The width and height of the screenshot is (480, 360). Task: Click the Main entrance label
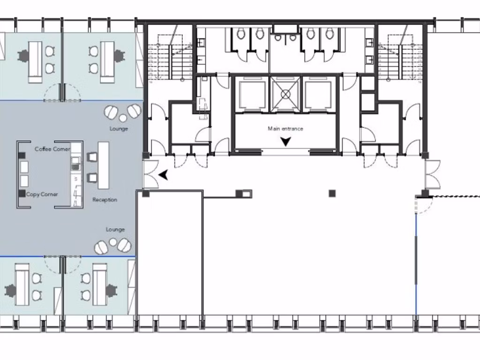point(285,128)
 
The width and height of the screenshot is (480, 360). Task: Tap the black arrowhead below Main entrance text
point(285,142)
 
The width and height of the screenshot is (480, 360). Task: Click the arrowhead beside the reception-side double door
point(164,175)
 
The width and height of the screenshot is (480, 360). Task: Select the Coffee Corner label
point(52,149)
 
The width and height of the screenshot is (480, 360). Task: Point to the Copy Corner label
point(42,195)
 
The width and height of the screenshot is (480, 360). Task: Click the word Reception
point(105,200)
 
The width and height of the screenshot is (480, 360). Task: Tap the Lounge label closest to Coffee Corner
point(119,128)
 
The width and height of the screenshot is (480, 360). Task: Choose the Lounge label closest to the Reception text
point(115,229)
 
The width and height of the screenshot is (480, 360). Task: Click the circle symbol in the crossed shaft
point(285,94)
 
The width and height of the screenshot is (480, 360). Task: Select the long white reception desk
point(104,165)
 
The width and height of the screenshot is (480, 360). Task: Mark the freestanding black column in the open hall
point(332,194)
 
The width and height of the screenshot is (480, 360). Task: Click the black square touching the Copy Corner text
point(22,194)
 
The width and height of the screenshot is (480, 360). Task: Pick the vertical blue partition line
point(416,263)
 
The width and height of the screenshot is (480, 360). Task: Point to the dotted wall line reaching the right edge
point(456,196)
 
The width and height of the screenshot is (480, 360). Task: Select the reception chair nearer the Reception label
point(92,178)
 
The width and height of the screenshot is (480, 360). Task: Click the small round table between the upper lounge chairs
point(123,118)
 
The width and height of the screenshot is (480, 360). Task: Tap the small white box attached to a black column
point(247,194)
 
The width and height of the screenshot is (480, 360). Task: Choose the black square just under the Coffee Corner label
point(22,156)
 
